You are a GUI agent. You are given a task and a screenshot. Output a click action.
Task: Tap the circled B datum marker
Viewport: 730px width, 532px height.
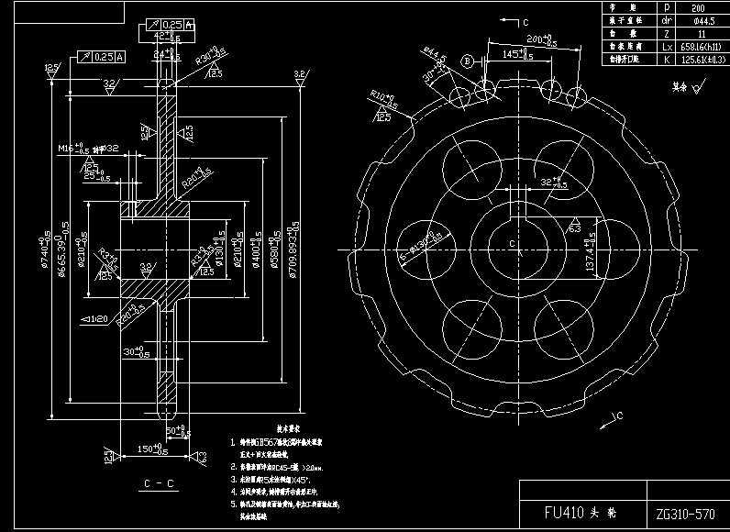pyautogui.click(x=466, y=61)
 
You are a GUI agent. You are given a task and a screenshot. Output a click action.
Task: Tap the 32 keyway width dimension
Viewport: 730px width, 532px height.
pyautogui.click(x=552, y=182)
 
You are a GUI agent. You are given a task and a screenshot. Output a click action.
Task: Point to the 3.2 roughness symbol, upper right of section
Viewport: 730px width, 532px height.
pyautogui.click(x=299, y=74)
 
